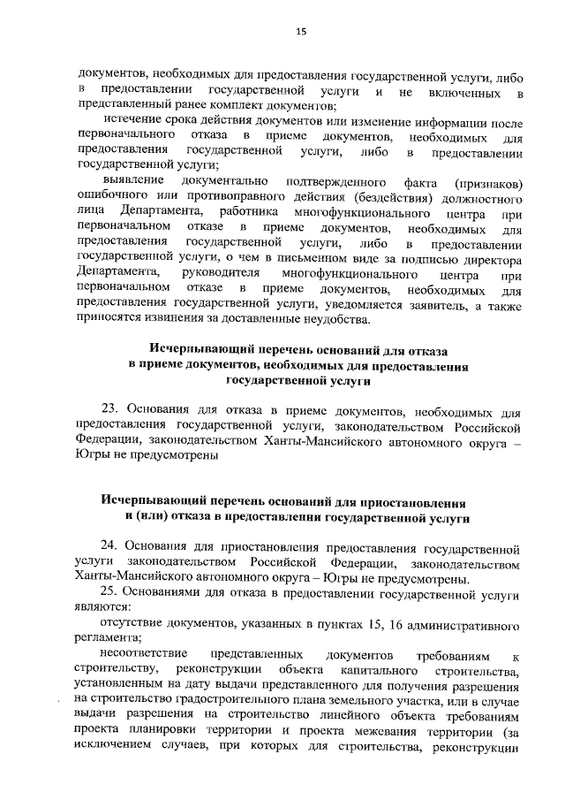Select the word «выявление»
[x=133, y=182]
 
